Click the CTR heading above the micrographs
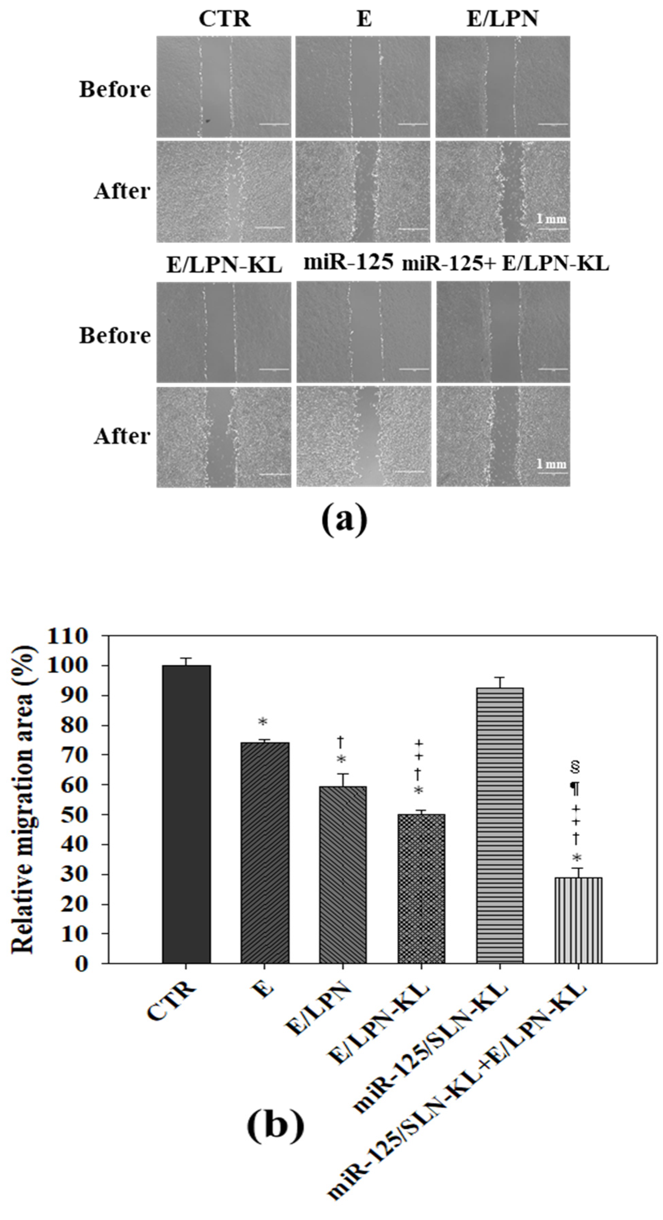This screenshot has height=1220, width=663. [x=224, y=19]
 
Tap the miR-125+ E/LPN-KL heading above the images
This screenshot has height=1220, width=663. [x=505, y=264]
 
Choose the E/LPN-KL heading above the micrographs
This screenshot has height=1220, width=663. [x=224, y=265]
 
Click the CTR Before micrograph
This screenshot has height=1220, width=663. [x=224, y=87]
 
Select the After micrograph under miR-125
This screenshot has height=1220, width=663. [x=364, y=436]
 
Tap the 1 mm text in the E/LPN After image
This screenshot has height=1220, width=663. [x=551, y=219]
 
